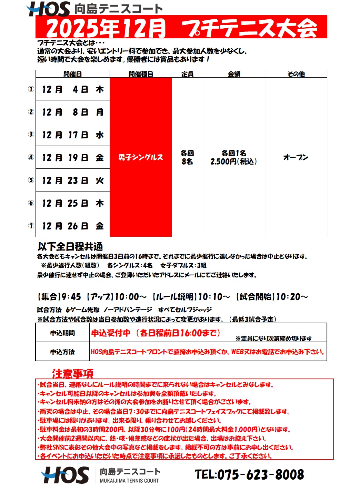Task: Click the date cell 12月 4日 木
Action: coord(73,89)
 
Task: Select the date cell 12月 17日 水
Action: coord(73,135)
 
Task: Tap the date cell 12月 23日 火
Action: coord(73,180)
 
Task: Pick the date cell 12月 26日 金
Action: coord(73,226)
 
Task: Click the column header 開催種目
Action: coord(141,74)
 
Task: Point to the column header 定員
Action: coord(187,74)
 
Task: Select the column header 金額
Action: coord(234,74)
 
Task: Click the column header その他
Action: coord(296,74)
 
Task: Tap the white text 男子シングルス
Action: coord(141,157)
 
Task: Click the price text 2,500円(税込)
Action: coord(234,161)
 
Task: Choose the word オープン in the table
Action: coord(296,157)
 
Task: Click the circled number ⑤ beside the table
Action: coord(31,180)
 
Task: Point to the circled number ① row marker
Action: coord(31,89)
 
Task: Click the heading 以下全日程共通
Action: coord(70,246)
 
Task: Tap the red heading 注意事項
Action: coord(73,373)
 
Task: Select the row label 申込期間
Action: coord(62,333)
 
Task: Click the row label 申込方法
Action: coord(62,352)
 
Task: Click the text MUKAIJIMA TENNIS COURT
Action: coord(129,481)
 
